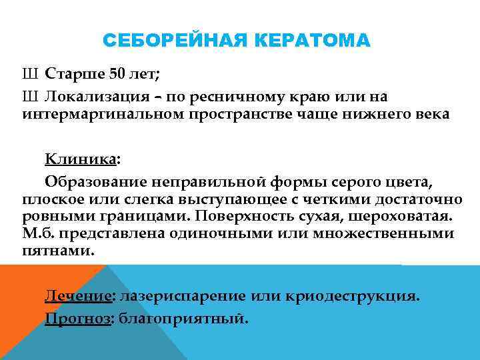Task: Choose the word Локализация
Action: (91, 97)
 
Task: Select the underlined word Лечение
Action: (77, 296)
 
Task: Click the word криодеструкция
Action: (363, 296)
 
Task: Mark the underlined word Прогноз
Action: (77, 318)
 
